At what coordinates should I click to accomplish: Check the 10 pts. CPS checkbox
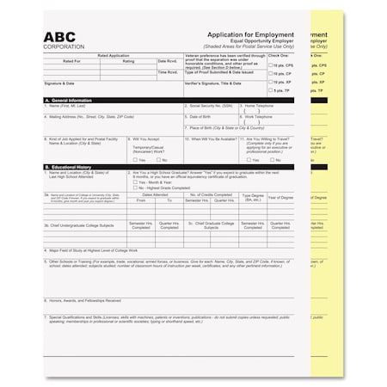(269, 64)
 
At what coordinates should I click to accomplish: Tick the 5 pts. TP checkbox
(269, 89)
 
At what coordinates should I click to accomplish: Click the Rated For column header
(71, 61)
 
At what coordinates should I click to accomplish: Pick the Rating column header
(128, 61)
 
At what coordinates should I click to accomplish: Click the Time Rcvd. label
(169, 72)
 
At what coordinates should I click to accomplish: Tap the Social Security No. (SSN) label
(211, 106)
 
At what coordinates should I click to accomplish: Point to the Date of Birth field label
(201, 115)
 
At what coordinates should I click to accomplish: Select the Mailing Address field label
(86, 115)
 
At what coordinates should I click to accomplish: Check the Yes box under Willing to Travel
(250, 160)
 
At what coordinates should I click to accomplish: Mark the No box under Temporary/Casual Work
(157, 160)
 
